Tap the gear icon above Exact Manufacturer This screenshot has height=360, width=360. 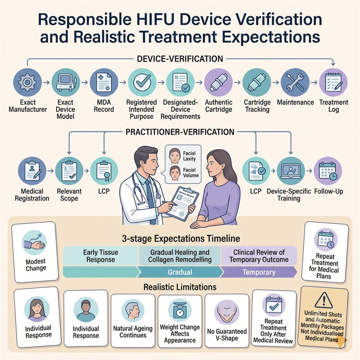point(27,82)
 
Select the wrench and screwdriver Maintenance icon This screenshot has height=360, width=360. point(295,82)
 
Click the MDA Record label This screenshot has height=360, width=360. point(104,106)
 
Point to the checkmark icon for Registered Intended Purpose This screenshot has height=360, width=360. point(142,82)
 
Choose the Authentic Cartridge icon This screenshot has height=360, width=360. point(218,82)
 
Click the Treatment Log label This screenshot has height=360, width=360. point(333,106)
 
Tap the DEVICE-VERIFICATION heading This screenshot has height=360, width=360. point(180,59)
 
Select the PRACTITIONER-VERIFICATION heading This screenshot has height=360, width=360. point(180,132)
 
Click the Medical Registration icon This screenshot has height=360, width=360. point(32,171)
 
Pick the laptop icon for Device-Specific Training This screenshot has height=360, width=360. point(291,171)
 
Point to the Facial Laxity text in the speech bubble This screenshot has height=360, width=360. point(189,156)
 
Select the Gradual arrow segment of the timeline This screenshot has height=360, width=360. point(180,272)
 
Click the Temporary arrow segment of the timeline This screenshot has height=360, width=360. point(259,272)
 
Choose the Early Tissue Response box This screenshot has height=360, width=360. point(100,256)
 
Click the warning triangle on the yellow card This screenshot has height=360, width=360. point(324,300)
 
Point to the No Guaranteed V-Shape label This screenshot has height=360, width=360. point(227,334)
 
